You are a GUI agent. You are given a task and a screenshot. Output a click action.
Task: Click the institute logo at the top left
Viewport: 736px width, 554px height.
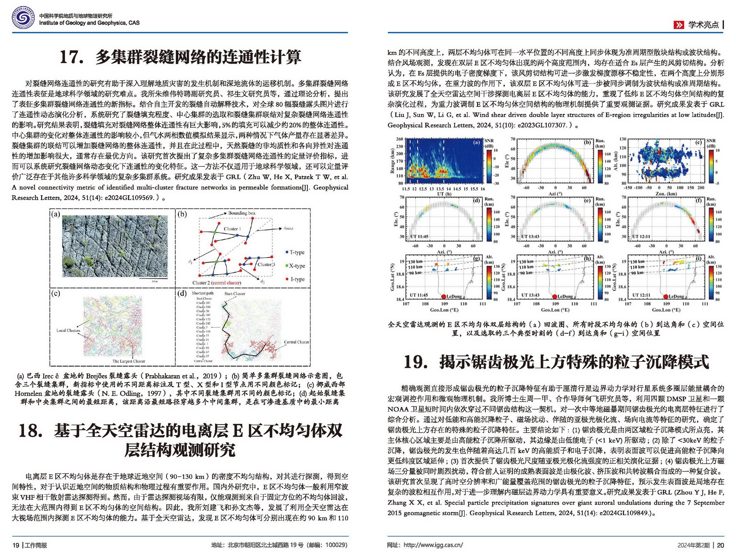[x=23, y=18]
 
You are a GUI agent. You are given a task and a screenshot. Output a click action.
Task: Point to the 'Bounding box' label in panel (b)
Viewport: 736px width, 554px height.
[x=242, y=213]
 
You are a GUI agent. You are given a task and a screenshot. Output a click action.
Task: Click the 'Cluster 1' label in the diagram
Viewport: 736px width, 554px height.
[x=232, y=229]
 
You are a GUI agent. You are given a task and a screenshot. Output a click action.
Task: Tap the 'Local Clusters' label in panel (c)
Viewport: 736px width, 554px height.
[x=68, y=330]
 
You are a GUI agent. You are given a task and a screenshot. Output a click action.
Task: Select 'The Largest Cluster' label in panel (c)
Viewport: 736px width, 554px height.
[x=129, y=361]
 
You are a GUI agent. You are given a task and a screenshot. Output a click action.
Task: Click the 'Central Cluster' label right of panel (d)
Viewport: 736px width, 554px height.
[x=297, y=342]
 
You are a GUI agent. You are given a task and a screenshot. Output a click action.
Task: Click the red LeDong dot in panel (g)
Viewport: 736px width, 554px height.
[x=443, y=296]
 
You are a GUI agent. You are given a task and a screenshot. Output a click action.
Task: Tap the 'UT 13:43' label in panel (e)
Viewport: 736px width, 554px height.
[x=530, y=236]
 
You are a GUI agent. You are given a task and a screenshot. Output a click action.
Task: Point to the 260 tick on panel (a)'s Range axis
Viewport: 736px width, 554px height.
[x=399, y=139]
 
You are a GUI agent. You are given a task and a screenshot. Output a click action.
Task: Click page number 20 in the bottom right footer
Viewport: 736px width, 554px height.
[x=720, y=545]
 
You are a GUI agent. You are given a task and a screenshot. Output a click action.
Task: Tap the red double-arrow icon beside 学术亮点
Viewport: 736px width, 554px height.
[x=678, y=25]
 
